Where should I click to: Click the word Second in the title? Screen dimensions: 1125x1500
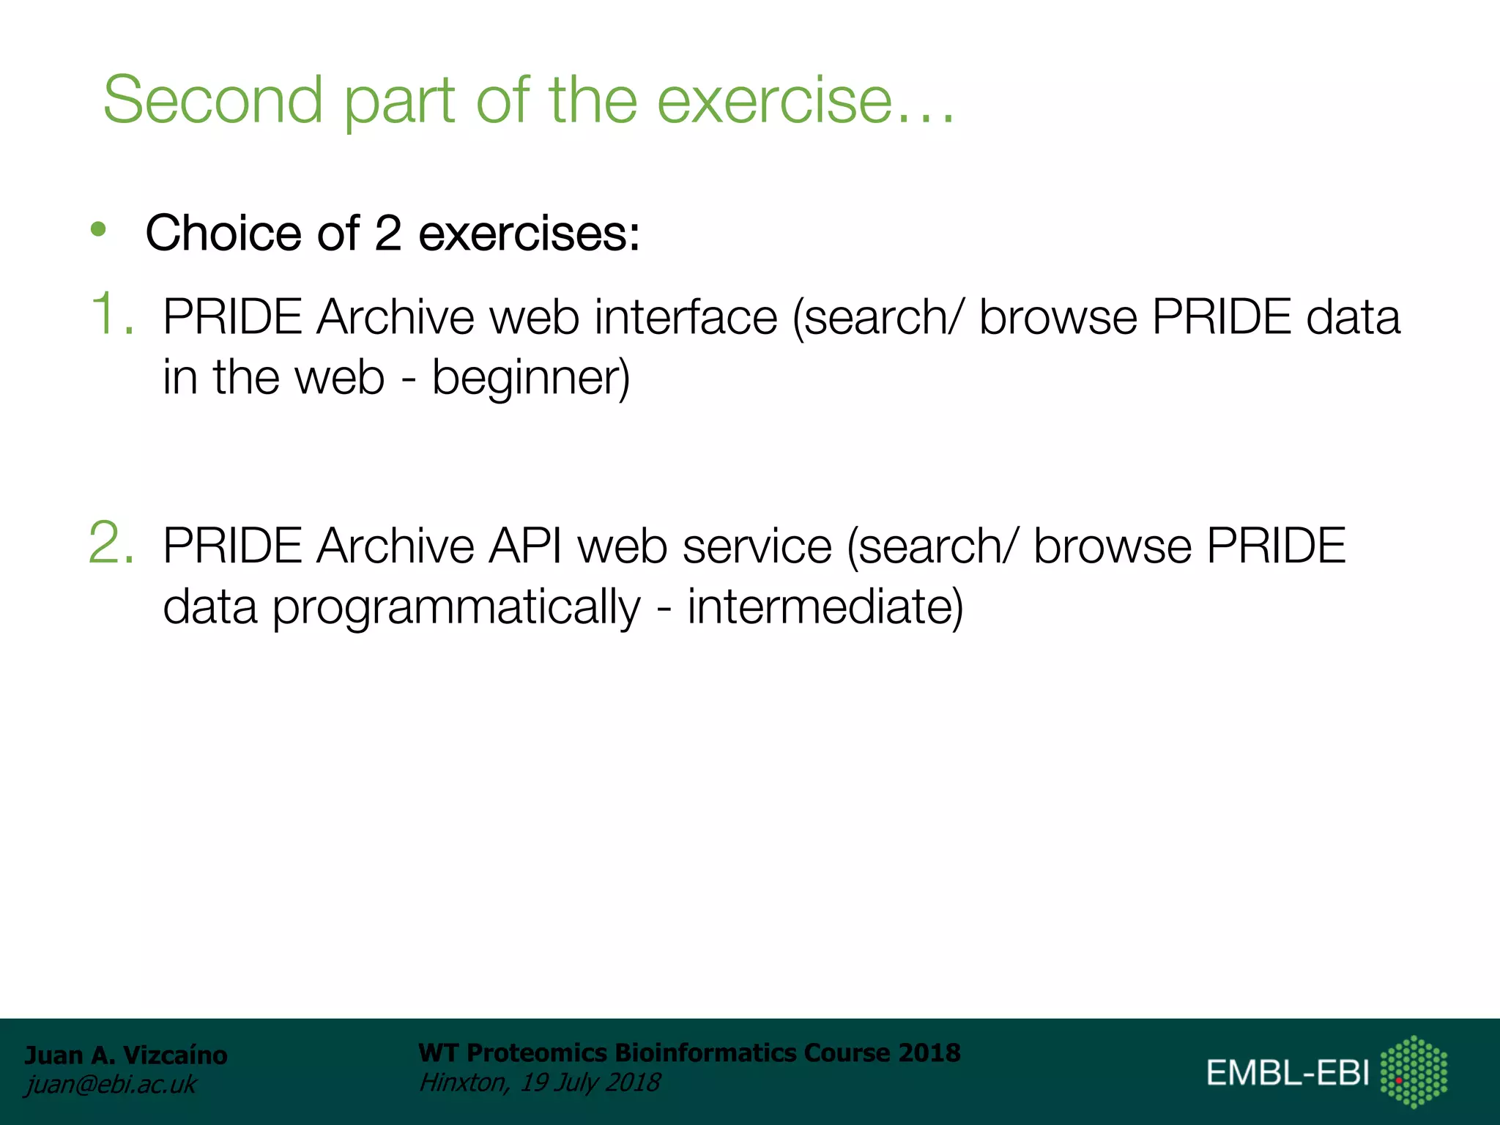[212, 100]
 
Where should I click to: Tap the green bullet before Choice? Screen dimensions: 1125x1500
[98, 230]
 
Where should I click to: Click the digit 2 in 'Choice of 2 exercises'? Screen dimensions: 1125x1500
[387, 233]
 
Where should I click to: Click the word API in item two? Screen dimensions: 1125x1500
[525, 546]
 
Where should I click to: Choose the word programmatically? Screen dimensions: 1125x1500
[456, 607]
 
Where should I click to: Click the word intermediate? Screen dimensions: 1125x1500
[824, 607]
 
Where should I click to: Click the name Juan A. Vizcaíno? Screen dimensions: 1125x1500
[126, 1055]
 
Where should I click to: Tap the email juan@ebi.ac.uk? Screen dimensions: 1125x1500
[111, 1084]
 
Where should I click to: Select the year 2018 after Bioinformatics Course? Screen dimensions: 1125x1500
[929, 1052]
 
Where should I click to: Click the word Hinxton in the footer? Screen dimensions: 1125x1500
[462, 1082]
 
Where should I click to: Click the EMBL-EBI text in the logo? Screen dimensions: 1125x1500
[1288, 1073]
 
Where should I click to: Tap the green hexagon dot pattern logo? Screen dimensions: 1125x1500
[1414, 1072]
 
